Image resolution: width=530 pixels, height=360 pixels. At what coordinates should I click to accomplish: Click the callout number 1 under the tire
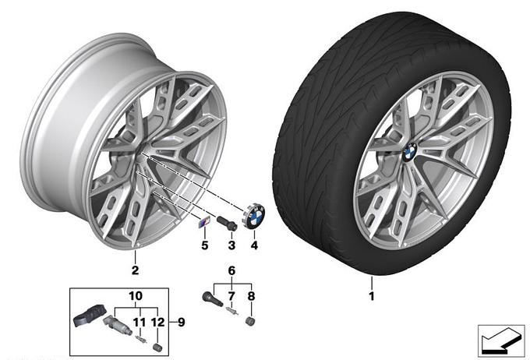(x=372, y=296)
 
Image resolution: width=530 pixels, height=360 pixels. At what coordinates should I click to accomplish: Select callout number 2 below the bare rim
(x=135, y=270)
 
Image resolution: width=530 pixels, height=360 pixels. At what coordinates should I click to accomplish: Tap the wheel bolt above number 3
(x=227, y=224)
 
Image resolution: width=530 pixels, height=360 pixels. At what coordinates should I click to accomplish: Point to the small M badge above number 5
(x=203, y=222)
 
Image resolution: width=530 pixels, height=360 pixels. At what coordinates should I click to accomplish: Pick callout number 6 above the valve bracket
(x=231, y=270)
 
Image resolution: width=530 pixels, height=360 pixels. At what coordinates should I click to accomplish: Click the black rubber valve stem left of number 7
(x=211, y=298)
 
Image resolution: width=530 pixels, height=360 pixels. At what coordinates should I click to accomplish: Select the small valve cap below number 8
(x=250, y=321)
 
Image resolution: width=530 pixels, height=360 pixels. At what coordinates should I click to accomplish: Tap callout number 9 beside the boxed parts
(x=182, y=322)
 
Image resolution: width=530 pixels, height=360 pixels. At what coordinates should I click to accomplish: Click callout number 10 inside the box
(x=136, y=296)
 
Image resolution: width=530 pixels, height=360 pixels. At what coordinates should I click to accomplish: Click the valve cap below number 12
(x=157, y=348)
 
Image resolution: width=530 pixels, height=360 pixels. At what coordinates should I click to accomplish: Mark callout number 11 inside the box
(x=139, y=322)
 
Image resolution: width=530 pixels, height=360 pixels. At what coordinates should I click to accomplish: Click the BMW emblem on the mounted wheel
(x=410, y=151)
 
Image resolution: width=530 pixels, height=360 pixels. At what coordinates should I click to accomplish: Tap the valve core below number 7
(x=232, y=311)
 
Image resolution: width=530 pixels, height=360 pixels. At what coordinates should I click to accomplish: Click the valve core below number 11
(x=140, y=339)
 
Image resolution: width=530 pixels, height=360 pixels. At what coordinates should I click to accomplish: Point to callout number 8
(x=251, y=296)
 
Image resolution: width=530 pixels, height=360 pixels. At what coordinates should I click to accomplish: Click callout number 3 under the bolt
(x=231, y=245)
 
